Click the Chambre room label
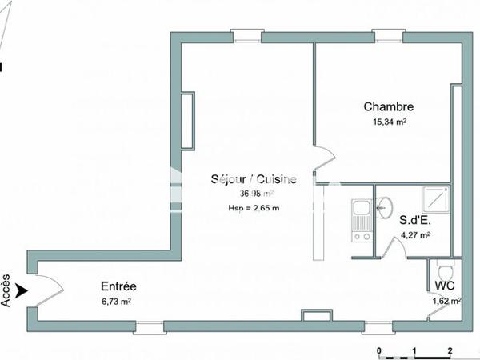388,106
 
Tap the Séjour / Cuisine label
253,179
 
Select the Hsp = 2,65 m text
253,209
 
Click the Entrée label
118,286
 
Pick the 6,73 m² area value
116,302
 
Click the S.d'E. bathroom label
415,219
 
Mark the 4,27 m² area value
415,235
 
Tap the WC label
445,286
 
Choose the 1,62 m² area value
446,302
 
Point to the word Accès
6,291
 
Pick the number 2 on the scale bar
450,350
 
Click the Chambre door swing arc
323,158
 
